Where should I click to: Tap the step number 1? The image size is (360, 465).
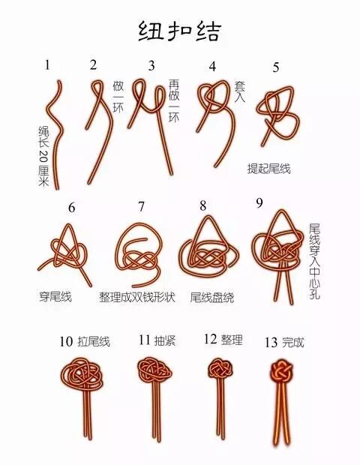click(x=47, y=64)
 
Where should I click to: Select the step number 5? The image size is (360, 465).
click(x=276, y=67)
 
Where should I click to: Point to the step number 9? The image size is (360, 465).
click(x=259, y=202)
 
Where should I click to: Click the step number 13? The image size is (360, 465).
click(x=271, y=343)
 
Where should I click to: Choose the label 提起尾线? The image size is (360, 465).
click(x=268, y=169)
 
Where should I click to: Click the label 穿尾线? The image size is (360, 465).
click(x=55, y=296)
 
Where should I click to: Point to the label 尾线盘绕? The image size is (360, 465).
click(x=211, y=297)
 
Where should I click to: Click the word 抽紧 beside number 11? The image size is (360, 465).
click(x=166, y=341)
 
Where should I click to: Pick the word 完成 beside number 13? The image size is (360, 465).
click(x=293, y=343)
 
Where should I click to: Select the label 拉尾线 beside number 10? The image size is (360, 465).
click(x=94, y=342)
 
